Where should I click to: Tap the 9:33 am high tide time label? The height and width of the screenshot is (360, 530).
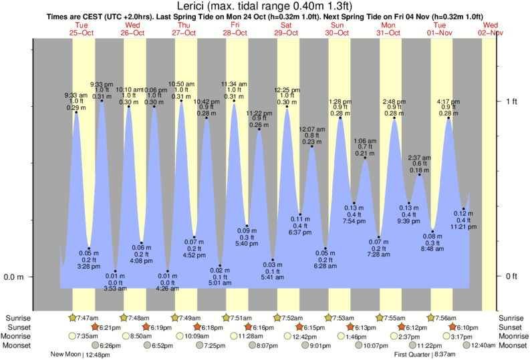76,94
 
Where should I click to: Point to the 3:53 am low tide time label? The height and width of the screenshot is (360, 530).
114,289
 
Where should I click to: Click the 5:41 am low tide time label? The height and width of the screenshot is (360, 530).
273,277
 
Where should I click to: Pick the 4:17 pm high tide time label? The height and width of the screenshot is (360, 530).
448,102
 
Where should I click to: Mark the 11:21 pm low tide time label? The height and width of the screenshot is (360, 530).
463,227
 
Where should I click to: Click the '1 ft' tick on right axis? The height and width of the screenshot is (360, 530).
511,102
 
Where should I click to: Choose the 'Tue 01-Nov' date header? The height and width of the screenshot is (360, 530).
440,28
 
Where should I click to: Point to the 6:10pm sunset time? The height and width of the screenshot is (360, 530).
465,327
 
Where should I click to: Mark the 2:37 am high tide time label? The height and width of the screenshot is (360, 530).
420,158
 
